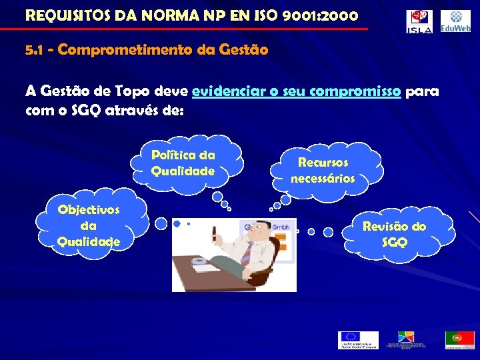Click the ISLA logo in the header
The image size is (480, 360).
(x=419, y=21)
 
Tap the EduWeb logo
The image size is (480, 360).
(x=455, y=21)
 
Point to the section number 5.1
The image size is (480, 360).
(x=33, y=50)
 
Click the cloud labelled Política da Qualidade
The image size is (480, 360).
(x=183, y=163)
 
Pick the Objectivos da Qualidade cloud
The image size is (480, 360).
(x=89, y=225)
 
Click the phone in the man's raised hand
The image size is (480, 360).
(x=215, y=234)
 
